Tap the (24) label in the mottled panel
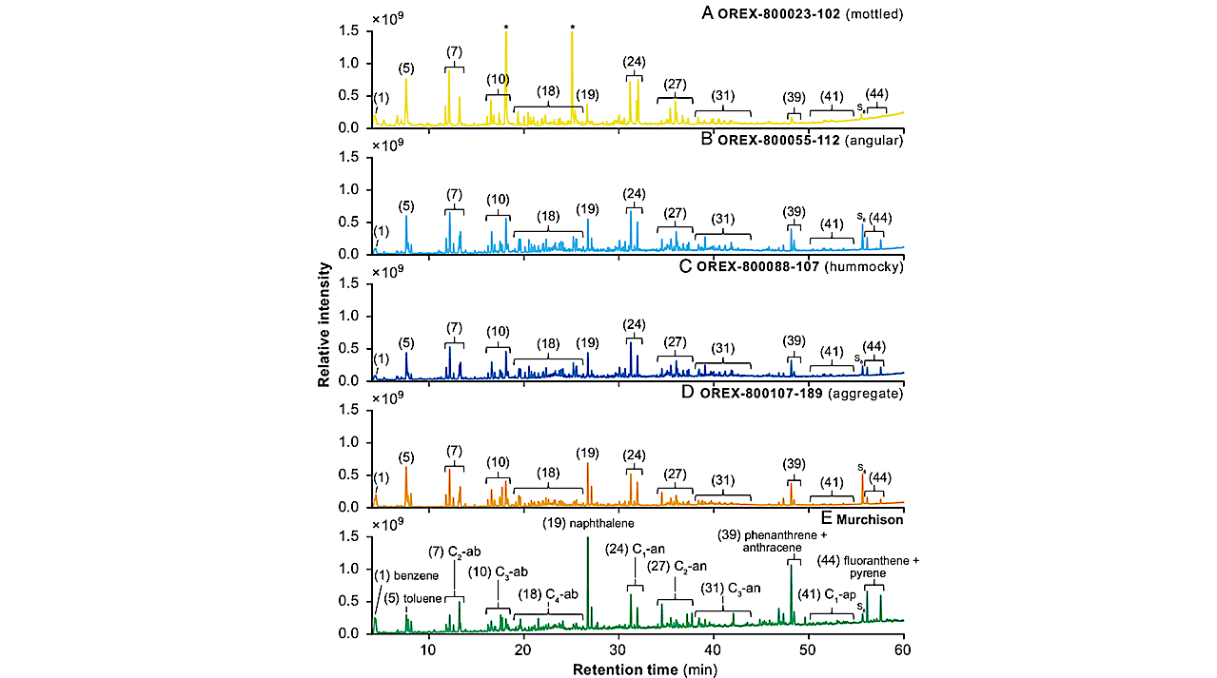[634, 62]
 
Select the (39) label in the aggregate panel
[794, 463]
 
